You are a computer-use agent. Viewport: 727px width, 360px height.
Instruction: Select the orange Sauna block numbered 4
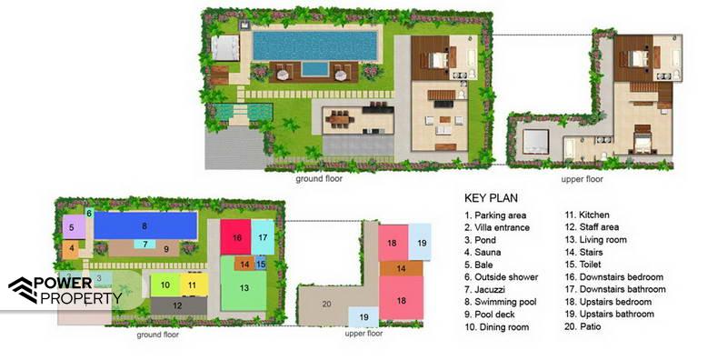click(71, 249)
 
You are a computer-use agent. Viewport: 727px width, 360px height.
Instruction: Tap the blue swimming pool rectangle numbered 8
click(145, 226)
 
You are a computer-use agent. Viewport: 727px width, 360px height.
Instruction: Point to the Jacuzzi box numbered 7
click(144, 244)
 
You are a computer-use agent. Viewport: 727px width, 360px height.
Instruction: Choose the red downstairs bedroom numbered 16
click(235, 237)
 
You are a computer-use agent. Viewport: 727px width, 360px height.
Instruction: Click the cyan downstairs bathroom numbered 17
click(263, 237)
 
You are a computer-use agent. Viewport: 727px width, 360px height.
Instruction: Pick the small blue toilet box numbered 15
click(261, 264)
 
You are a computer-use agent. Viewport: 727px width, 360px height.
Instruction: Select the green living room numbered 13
click(244, 287)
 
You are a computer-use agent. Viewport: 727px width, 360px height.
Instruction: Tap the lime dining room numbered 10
click(165, 285)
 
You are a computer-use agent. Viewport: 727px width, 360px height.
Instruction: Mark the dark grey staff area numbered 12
click(179, 305)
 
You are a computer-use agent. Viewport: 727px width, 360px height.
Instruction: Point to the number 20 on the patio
click(326, 305)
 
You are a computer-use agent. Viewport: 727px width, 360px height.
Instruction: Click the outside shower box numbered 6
click(89, 213)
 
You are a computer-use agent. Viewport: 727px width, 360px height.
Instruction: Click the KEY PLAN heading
click(491, 198)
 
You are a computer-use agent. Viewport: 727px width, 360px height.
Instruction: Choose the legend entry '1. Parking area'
click(495, 215)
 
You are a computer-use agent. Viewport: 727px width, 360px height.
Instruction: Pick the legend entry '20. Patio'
click(583, 326)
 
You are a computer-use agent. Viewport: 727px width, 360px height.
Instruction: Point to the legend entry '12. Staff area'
click(592, 227)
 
